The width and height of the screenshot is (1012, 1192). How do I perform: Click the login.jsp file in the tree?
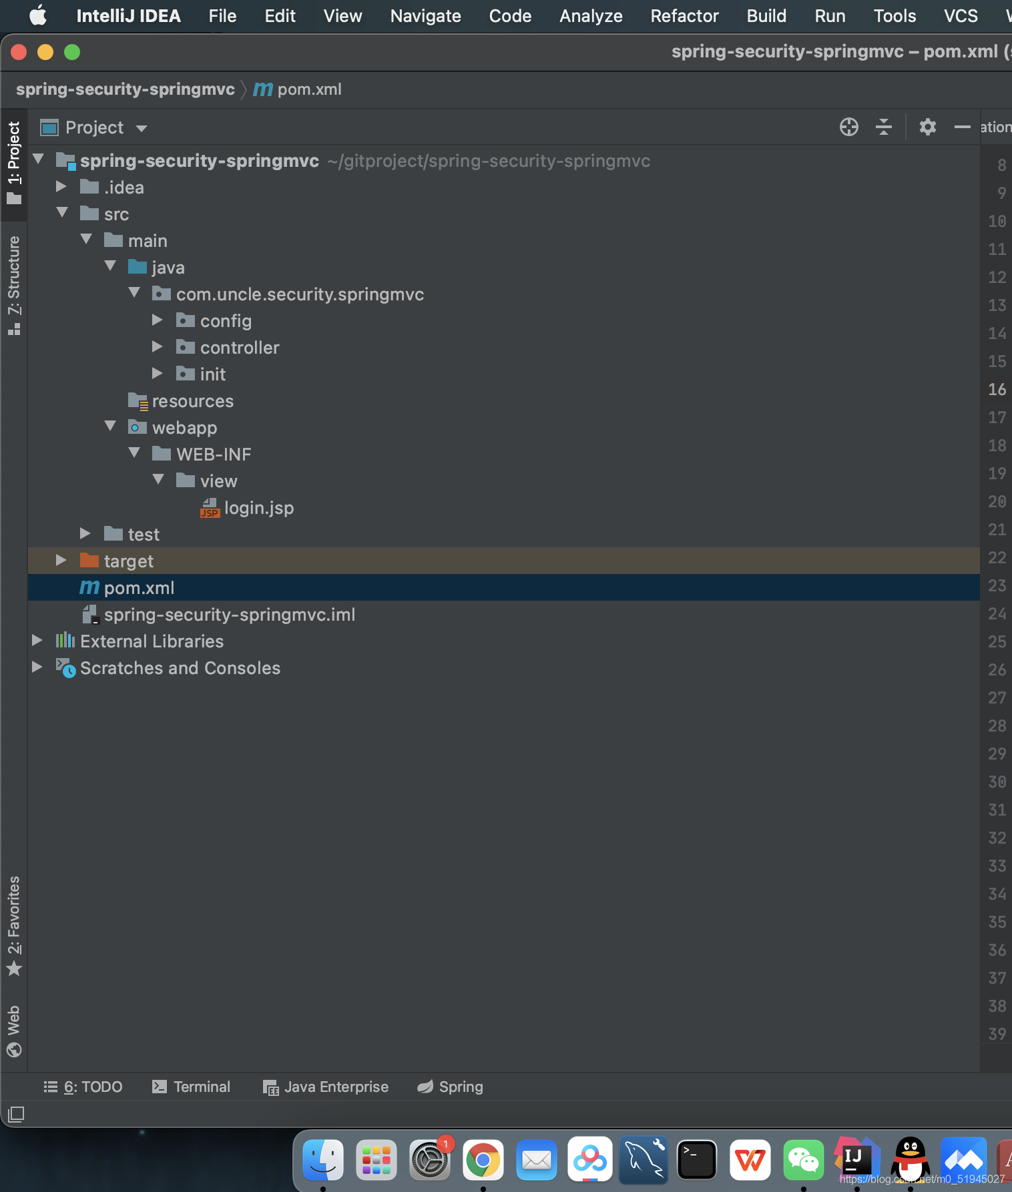pos(258,508)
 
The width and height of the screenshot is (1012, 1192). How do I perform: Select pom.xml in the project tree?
pos(139,588)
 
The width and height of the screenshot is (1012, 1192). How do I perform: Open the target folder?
pos(128,561)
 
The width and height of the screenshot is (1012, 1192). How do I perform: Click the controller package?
pos(239,348)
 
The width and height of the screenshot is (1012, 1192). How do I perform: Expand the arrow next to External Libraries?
pos(37,641)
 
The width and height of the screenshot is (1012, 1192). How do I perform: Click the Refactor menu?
pos(684,16)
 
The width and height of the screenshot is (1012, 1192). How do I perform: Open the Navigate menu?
pos(425,16)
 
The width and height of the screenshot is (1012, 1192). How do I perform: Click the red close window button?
pos(19,52)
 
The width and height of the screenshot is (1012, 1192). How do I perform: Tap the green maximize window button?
pos(72,52)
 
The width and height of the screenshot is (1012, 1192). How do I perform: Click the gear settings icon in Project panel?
pos(927,127)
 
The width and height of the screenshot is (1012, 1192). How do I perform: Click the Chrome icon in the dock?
pos(483,1161)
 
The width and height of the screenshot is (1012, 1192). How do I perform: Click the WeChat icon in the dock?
pos(803,1161)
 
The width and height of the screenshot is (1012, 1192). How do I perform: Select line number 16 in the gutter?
pos(997,389)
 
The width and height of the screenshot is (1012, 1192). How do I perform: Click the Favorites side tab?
pos(14,924)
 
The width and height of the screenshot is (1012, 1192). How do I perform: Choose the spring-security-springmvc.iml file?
pos(229,615)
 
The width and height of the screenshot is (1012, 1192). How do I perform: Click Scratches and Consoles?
pos(180,668)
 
